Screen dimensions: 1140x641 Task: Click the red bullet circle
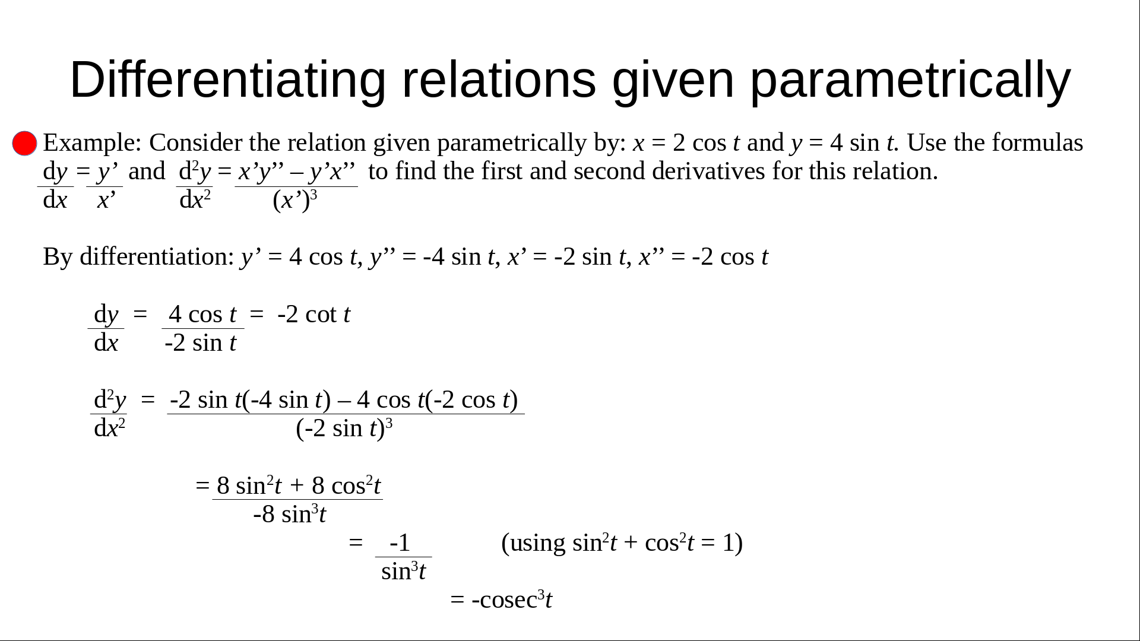click(24, 144)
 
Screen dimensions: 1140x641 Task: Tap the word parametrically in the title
click(911, 80)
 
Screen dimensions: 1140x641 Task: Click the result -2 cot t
click(313, 314)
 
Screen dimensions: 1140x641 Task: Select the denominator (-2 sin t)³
click(344, 428)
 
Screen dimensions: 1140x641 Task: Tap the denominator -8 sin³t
click(290, 514)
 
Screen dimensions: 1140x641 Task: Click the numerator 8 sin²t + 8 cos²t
click(299, 485)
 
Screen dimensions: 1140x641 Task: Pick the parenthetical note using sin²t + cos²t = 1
click(622, 543)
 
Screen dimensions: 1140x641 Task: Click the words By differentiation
click(138, 256)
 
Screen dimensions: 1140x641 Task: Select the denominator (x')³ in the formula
click(295, 200)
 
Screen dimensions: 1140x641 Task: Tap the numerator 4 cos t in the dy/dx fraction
click(202, 314)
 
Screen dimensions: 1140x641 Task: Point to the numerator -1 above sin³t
click(400, 542)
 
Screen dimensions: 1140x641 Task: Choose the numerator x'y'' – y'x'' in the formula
click(297, 172)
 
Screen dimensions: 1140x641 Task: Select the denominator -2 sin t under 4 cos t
click(201, 342)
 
